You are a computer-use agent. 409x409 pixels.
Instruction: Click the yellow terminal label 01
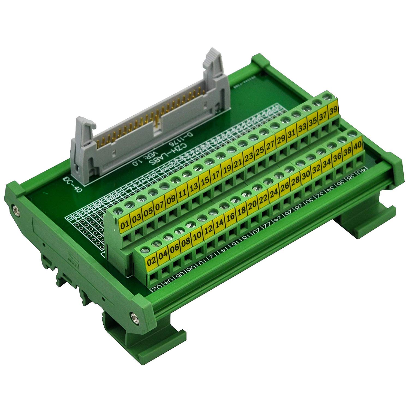(x=125, y=225)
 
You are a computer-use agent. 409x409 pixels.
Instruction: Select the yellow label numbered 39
(x=333, y=112)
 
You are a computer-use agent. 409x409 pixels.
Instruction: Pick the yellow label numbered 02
(x=152, y=261)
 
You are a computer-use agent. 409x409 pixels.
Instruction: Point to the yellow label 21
(x=238, y=164)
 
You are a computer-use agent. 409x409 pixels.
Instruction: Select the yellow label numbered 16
(x=230, y=217)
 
